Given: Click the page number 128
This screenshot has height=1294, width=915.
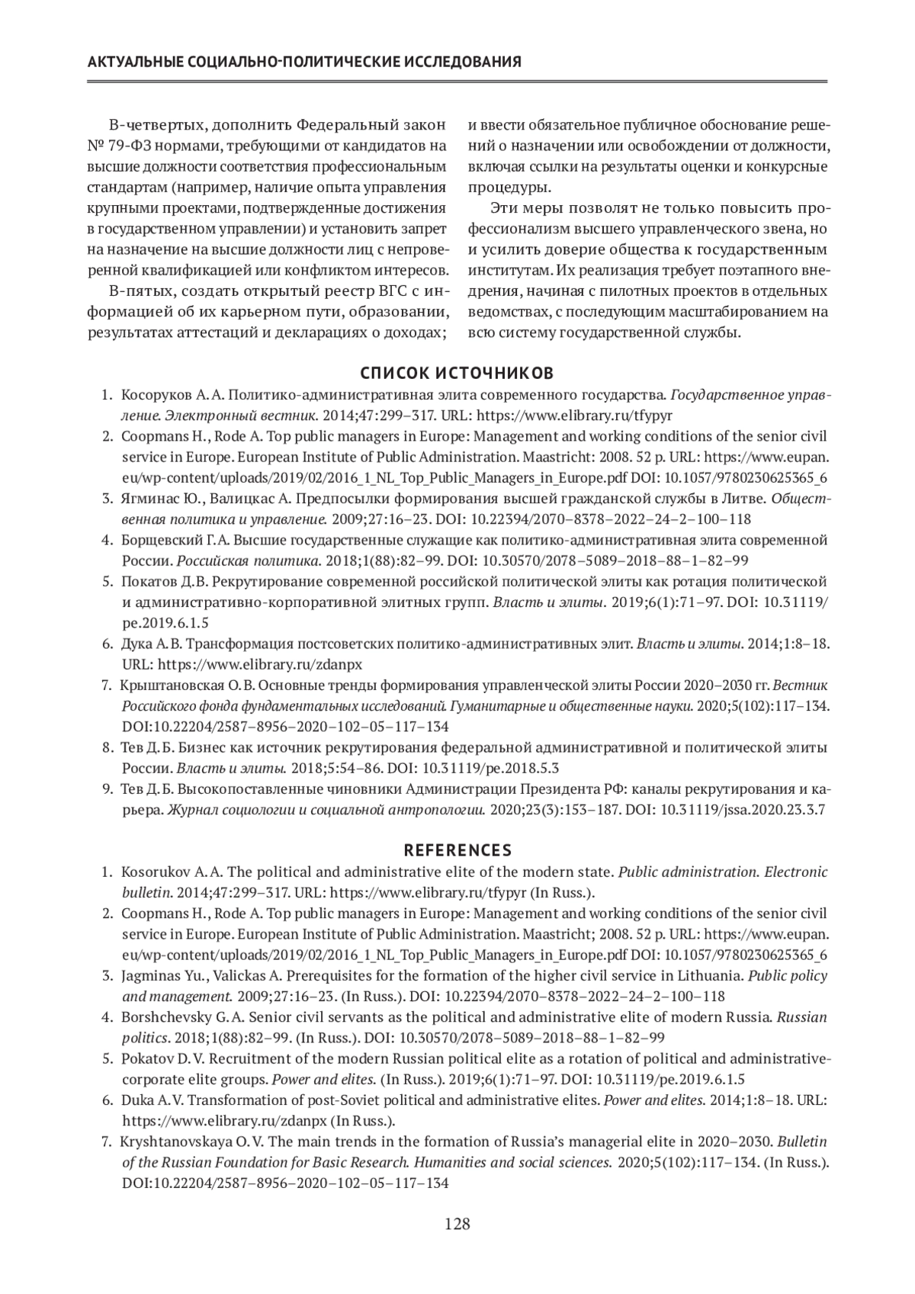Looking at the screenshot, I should [x=457, y=1225].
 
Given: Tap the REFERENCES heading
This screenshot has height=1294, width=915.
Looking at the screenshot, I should [x=457, y=849].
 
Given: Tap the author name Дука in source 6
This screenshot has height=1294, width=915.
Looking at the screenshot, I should [x=137, y=644].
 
